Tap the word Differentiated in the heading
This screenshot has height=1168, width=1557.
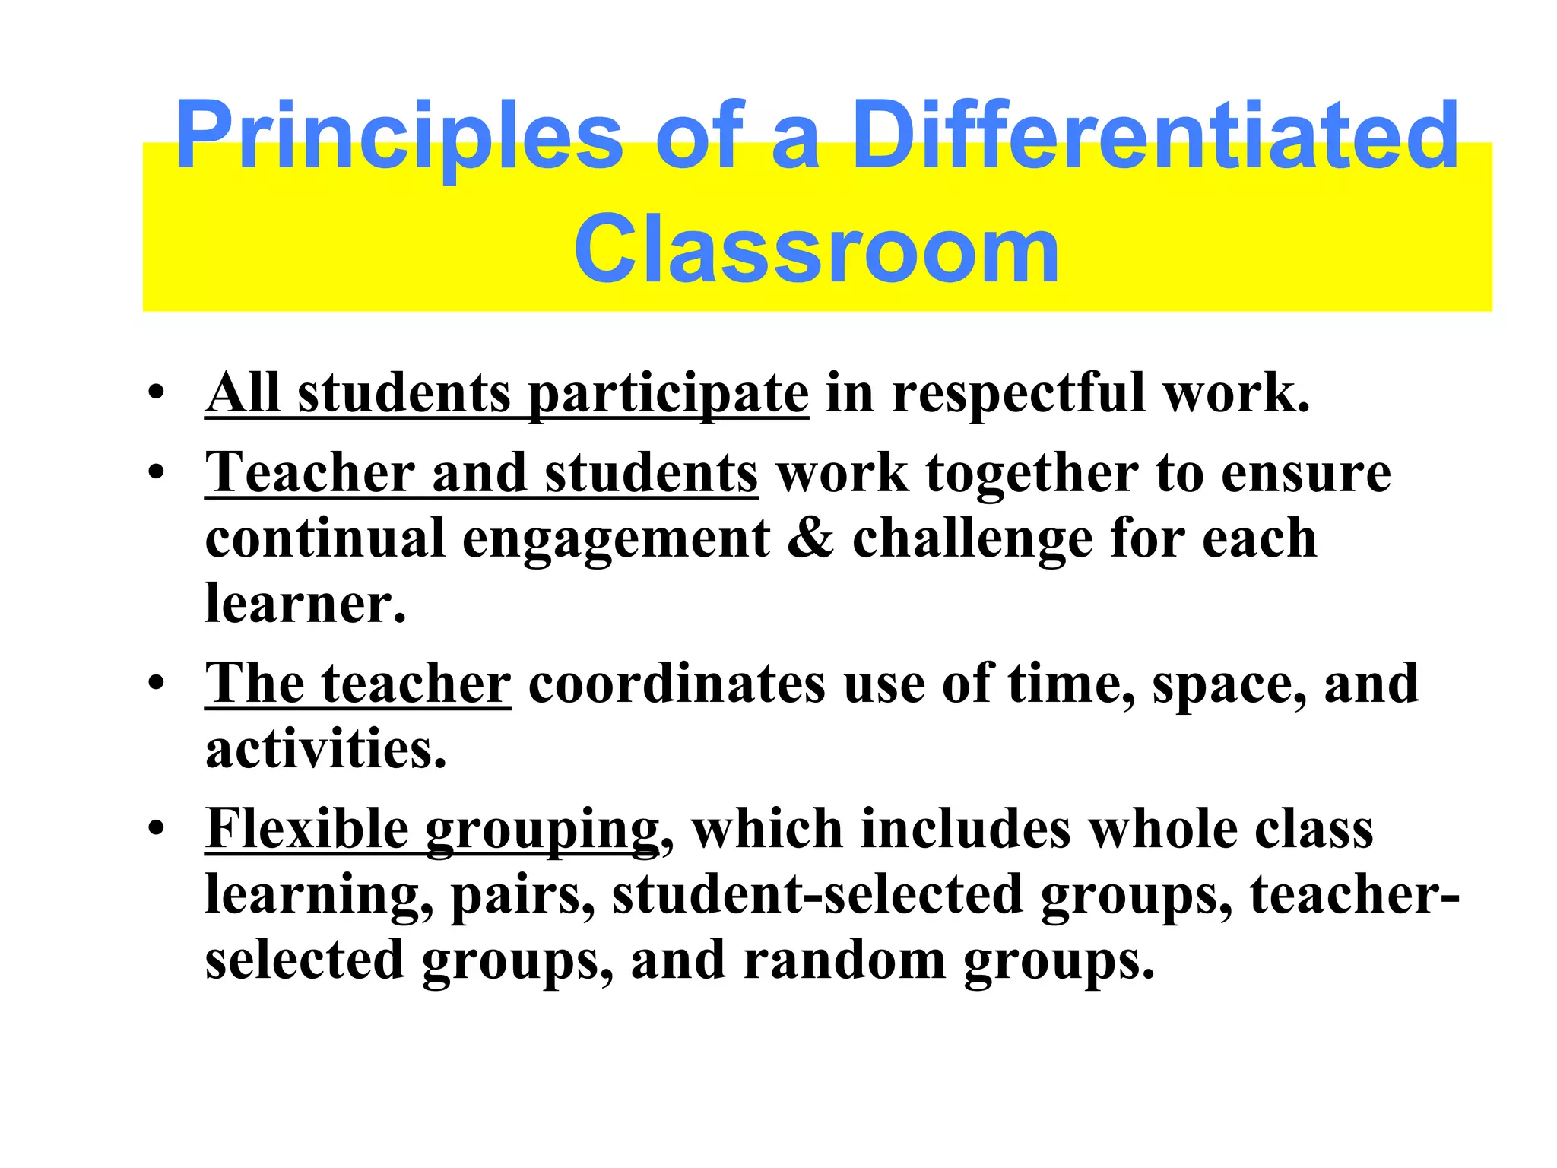[x=1156, y=138]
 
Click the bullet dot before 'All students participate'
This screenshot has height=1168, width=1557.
[x=157, y=394]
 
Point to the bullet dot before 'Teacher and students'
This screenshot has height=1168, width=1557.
[x=157, y=473]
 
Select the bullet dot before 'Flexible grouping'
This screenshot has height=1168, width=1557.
[x=157, y=829]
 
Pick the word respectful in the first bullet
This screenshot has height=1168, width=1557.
[x=1018, y=394]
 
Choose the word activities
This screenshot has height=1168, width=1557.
[x=325, y=749]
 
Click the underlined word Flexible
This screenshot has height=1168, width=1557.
[x=307, y=828]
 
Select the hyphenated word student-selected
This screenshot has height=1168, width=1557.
[x=817, y=894]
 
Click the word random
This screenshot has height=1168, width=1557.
[x=844, y=960]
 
